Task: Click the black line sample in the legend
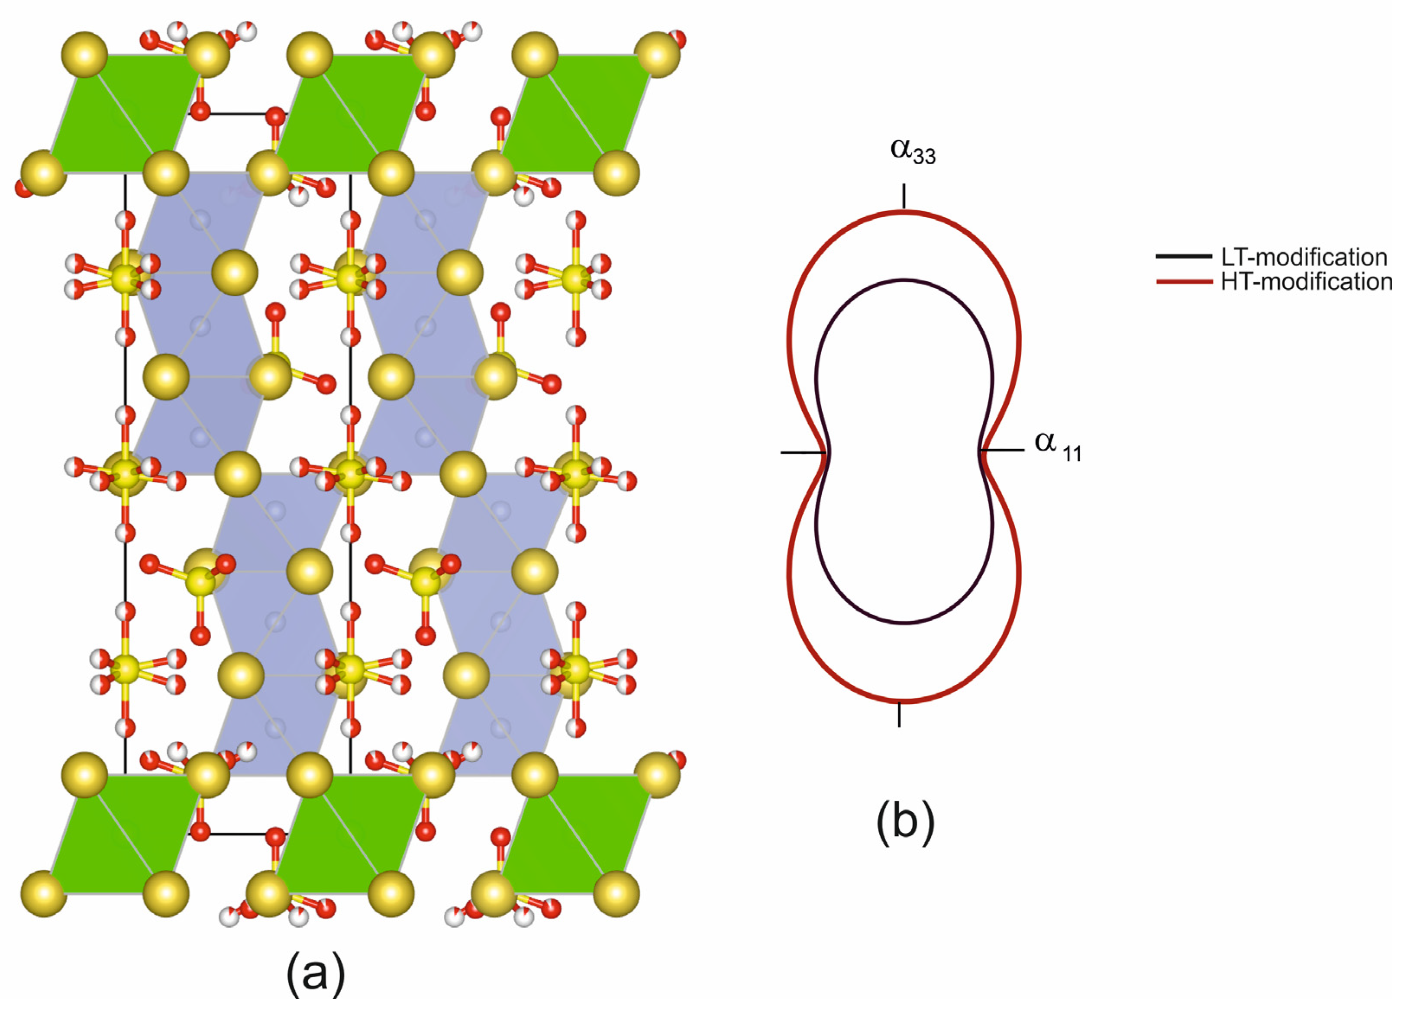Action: [1184, 256]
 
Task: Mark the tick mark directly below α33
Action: [904, 195]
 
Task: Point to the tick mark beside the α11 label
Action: [1003, 450]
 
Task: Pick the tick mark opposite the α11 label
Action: [803, 453]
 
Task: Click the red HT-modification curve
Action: [1019, 348]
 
